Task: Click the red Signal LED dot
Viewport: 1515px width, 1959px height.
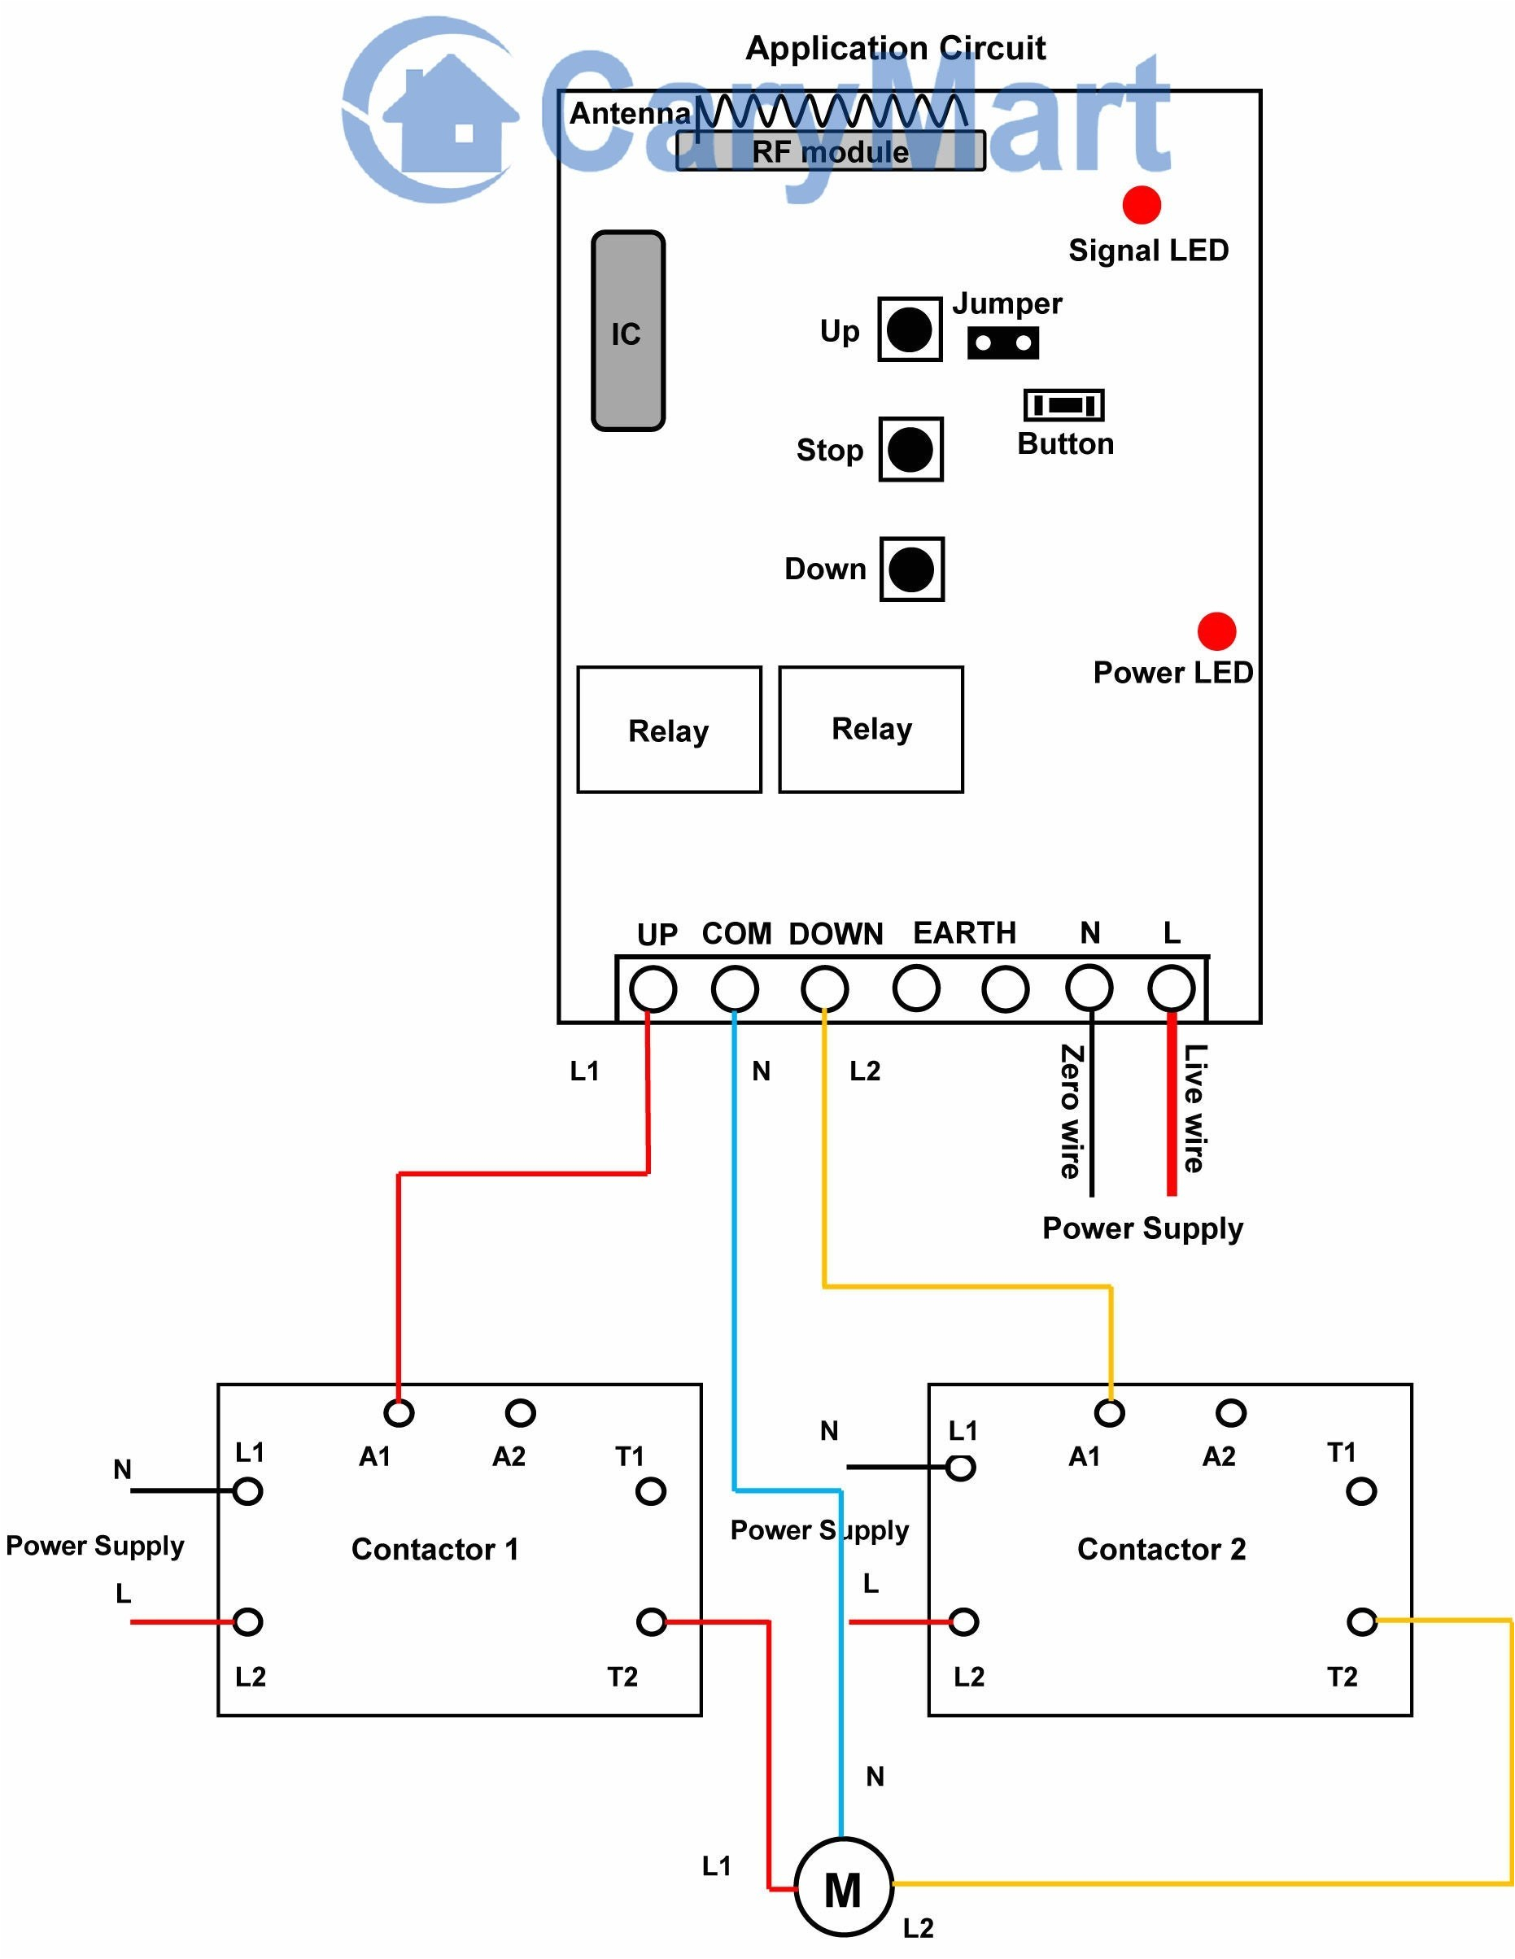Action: pos(1141,204)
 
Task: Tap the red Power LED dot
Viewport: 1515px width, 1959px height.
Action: pos(1216,631)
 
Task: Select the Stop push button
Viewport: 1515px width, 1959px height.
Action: pos(910,449)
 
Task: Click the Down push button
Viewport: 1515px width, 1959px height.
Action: pos(911,569)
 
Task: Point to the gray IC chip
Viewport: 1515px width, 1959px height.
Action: pos(628,331)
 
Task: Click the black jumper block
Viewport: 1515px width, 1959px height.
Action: pos(1003,342)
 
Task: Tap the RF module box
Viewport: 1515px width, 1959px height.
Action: pos(831,151)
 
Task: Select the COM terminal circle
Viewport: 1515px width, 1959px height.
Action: pos(735,989)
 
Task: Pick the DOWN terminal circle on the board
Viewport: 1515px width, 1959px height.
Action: pos(824,989)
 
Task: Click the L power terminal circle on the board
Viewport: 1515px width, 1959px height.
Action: pos(1172,989)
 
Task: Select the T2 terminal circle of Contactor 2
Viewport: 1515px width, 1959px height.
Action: pos(1361,1621)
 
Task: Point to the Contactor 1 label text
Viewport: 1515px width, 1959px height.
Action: pos(435,1549)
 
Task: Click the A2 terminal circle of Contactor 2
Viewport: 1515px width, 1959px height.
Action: pos(1231,1414)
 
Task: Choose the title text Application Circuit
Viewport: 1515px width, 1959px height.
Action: pos(895,47)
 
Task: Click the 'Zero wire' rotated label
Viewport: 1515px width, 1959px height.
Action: pos(1071,1110)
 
